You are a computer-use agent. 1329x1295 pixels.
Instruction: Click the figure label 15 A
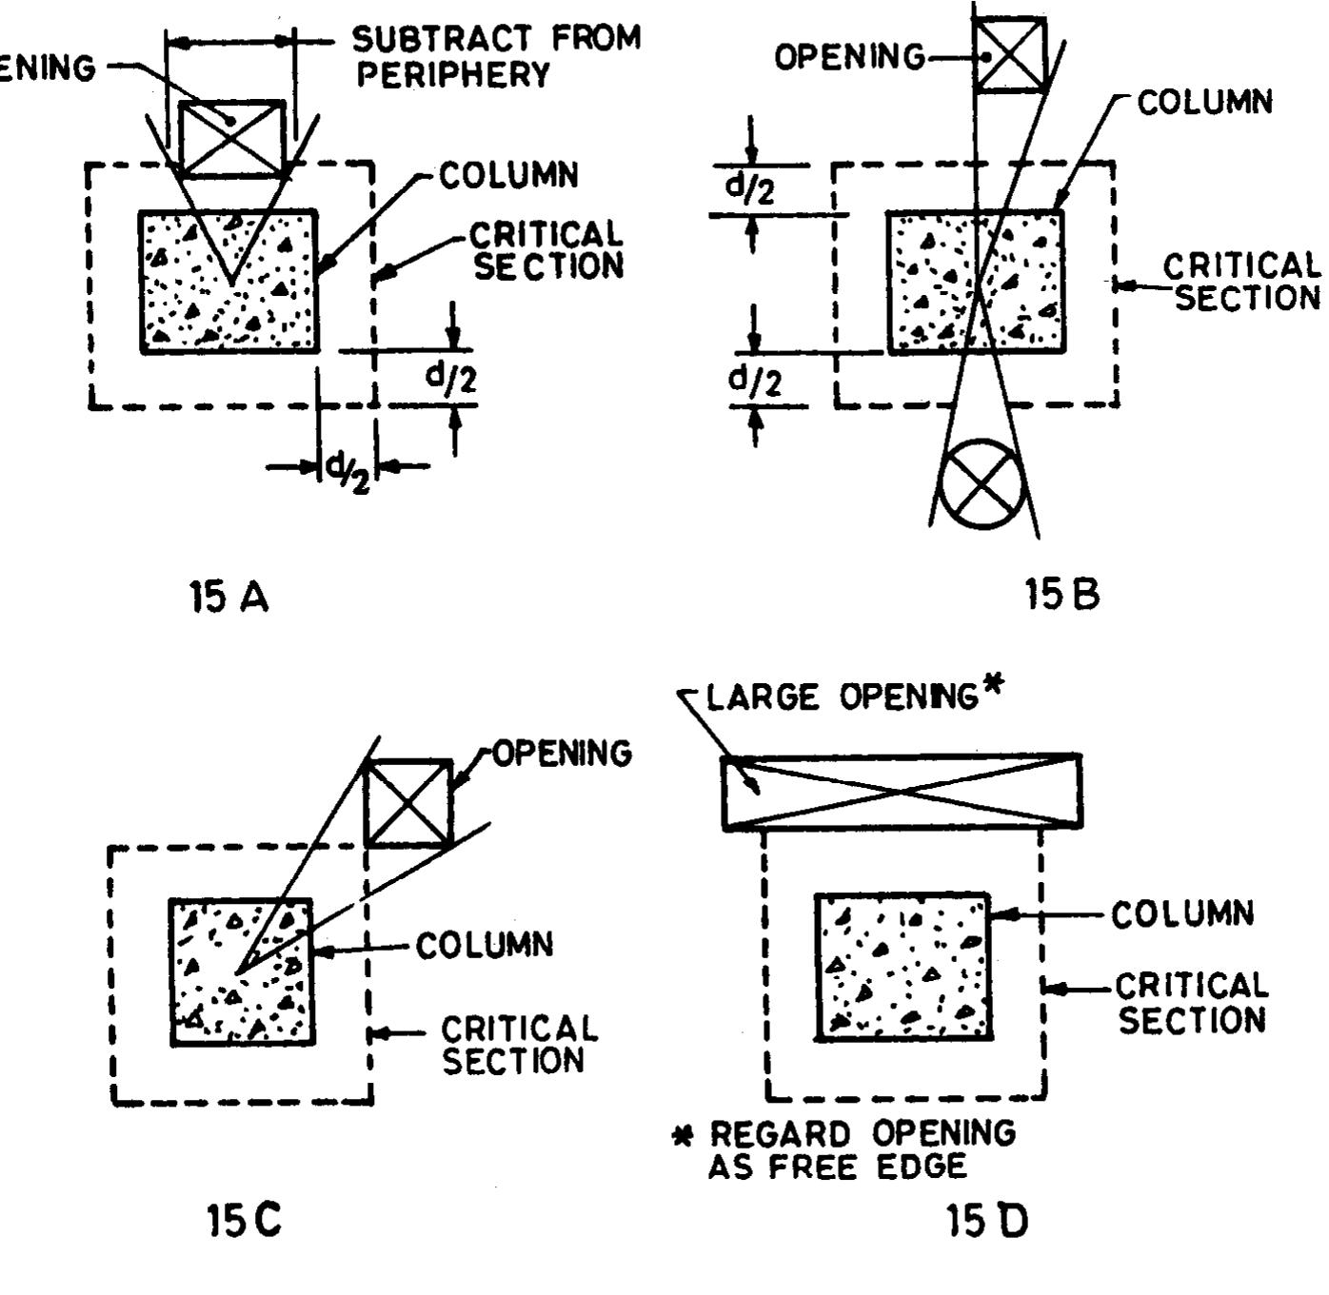(229, 598)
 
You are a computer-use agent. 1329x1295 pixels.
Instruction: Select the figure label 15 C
(244, 1220)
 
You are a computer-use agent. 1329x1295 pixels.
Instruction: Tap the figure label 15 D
(987, 1221)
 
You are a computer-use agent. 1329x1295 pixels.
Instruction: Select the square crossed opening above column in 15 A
(232, 139)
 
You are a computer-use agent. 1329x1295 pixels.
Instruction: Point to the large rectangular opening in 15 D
(901, 792)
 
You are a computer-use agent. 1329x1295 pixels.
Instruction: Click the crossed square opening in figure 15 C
(409, 803)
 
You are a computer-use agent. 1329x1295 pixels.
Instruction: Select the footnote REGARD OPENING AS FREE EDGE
(857, 1149)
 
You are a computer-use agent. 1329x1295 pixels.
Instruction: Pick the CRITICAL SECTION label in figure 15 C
(519, 1045)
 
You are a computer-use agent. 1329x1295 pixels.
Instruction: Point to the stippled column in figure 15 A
(229, 282)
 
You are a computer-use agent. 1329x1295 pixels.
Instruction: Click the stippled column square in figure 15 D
(903, 967)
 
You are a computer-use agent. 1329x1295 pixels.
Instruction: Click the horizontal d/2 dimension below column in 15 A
(347, 467)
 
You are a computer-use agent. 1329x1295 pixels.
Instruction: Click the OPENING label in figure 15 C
(562, 754)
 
